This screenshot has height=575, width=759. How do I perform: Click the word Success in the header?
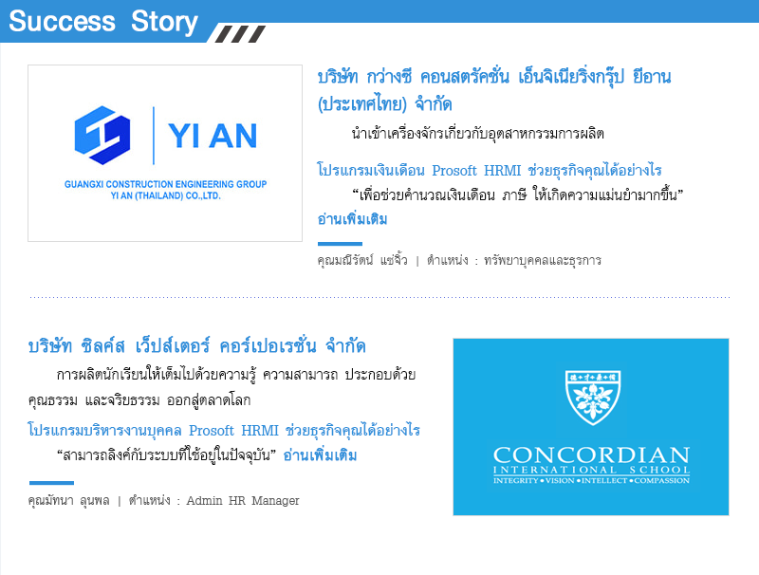pyautogui.click(x=62, y=21)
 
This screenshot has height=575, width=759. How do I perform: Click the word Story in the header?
pyautogui.click(x=164, y=22)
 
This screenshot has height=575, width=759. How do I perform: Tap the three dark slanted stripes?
pyautogui.click(x=241, y=34)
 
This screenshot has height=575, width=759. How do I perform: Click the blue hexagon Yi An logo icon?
pyautogui.click(x=102, y=135)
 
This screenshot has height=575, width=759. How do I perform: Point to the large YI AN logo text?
pyautogui.click(x=212, y=136)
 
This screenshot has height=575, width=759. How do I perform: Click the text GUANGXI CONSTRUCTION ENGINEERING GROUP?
pyautogui.click(x=165, y=184)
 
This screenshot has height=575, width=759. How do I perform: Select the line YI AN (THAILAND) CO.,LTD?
pyautogui.click(x=165, y=195)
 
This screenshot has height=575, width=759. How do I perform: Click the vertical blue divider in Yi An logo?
pyautogui.click(x=154, y=136)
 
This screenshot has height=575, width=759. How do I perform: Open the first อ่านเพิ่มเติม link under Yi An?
pyautogui.click(x=352, y=219)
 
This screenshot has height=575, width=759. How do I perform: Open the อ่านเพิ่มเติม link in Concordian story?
pyautogui.click(x=320, y=454)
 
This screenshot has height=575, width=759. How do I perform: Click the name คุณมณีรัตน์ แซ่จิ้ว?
pyautogui.click(x=362, y=260)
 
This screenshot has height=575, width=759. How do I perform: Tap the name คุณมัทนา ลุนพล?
pyautogui.click(x=68, y=500)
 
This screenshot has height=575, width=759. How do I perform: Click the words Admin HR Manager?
pyautogui.click(x=243, y=500)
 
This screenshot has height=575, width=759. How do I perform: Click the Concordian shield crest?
pyautogui.click(x=593, y=398)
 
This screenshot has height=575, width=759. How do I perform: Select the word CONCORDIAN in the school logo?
pyautogui.click(x=591, y=455)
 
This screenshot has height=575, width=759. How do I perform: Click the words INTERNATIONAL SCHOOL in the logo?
pyautogui.click(x=591, y=470)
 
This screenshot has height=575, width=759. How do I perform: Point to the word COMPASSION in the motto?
pyautogui.click(x=661, y=480)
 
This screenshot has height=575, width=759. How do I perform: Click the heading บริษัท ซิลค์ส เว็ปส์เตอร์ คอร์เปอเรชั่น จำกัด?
pyautogui.click(x=196, y=346)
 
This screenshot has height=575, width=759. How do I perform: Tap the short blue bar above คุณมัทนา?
pyautogui.click(x=51, y=483)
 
